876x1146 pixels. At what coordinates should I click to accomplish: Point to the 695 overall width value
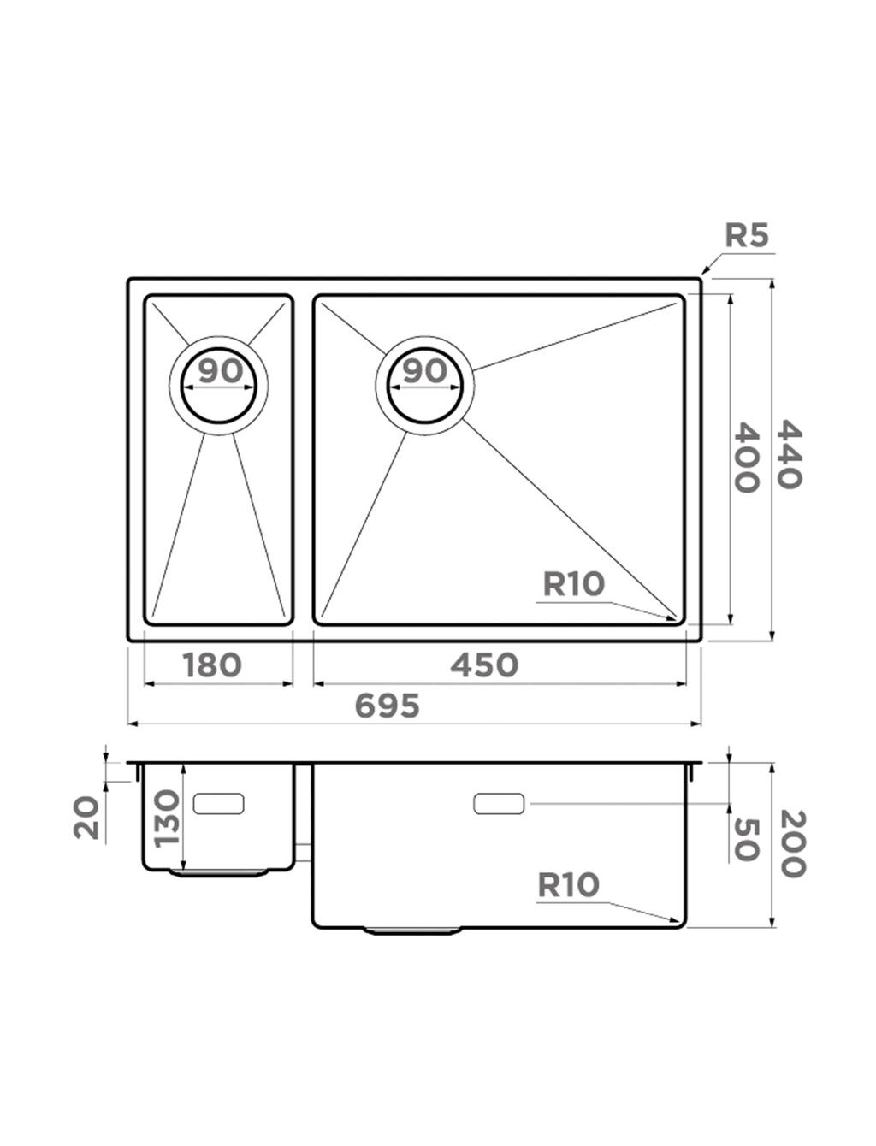[387, 706]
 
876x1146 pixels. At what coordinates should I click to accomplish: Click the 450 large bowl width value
[484, 665]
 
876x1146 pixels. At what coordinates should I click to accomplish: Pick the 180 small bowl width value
[212, 665]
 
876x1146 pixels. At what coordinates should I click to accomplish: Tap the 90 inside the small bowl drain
[221, 370]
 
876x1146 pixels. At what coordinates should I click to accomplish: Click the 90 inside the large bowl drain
[425, 370]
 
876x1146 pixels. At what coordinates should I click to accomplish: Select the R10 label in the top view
[574, 584]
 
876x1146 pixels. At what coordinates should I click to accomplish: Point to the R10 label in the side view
[569, 884]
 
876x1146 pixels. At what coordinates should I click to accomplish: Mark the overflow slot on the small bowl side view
[218, 804]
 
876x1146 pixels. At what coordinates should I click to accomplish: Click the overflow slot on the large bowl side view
[499, 804]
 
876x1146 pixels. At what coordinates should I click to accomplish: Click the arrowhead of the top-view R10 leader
[673, 618]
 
